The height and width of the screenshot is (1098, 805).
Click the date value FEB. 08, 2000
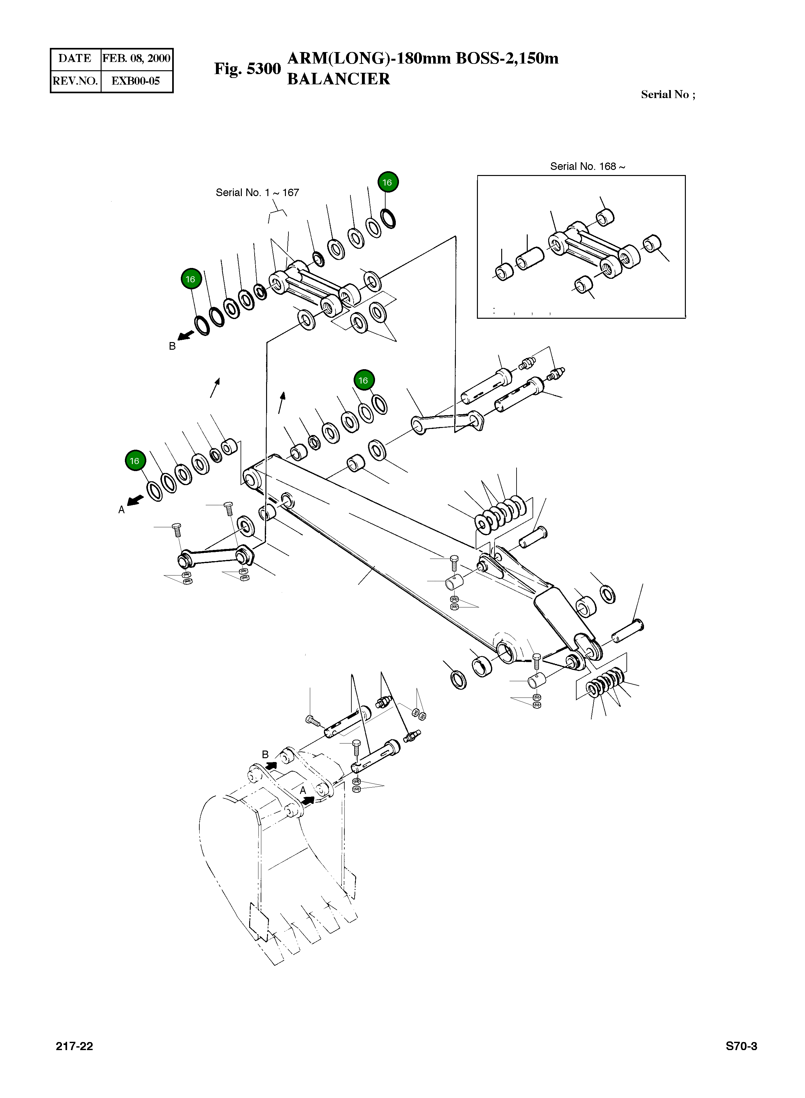pyautogui.click(x=136, y=58)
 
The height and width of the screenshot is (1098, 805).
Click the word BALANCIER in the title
pyautogui.click(x=338, y=79)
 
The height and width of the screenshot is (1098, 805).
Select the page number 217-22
pyautogui.click(x=74, y=1046)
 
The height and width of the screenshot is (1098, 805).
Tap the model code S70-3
pyautogui.click(x=741, y=1046)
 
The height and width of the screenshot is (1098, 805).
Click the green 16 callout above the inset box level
pyautogui.click(x=388, y=182)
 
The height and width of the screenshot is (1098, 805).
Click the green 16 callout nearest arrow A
pyautogui.click(x=134, y=461)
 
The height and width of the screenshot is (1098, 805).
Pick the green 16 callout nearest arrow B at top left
pyautogui.click(x=190, y=279)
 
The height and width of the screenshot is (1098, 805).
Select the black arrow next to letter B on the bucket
pyautogui.click(x=271, y=766)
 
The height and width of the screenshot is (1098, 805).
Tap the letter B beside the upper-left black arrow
pyautogui.click(x=172, y=346)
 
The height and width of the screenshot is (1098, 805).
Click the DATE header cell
pyautogui.click(x=75, y=58)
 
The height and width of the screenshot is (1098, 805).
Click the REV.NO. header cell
pyautogui.click(x=75, y=81)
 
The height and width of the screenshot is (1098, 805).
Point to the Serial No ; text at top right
pyautogui.click(x=668, y=95)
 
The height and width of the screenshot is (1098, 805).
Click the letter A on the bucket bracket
pyautogui.click(x=303, y=790)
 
